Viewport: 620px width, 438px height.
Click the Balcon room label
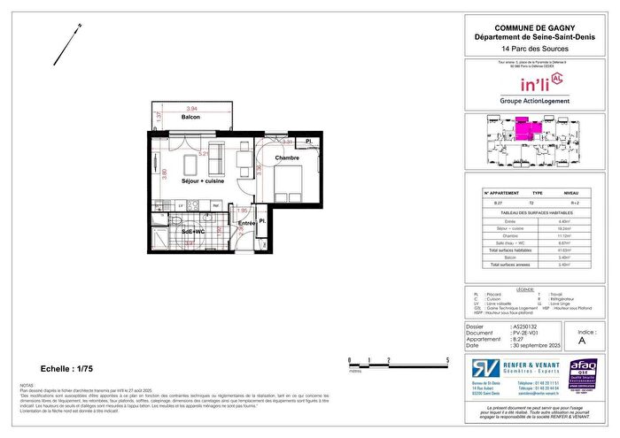point(190,117)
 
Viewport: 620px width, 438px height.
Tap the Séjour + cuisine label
point(203,181)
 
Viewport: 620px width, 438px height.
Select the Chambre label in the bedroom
point(286,158)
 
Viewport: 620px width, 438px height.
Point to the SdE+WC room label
point(193,232)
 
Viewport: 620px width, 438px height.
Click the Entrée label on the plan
point(247,224)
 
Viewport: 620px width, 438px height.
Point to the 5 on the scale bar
point(447,360)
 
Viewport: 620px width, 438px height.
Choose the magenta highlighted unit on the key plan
point(530,131)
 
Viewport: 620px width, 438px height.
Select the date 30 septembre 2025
point(536,343)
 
